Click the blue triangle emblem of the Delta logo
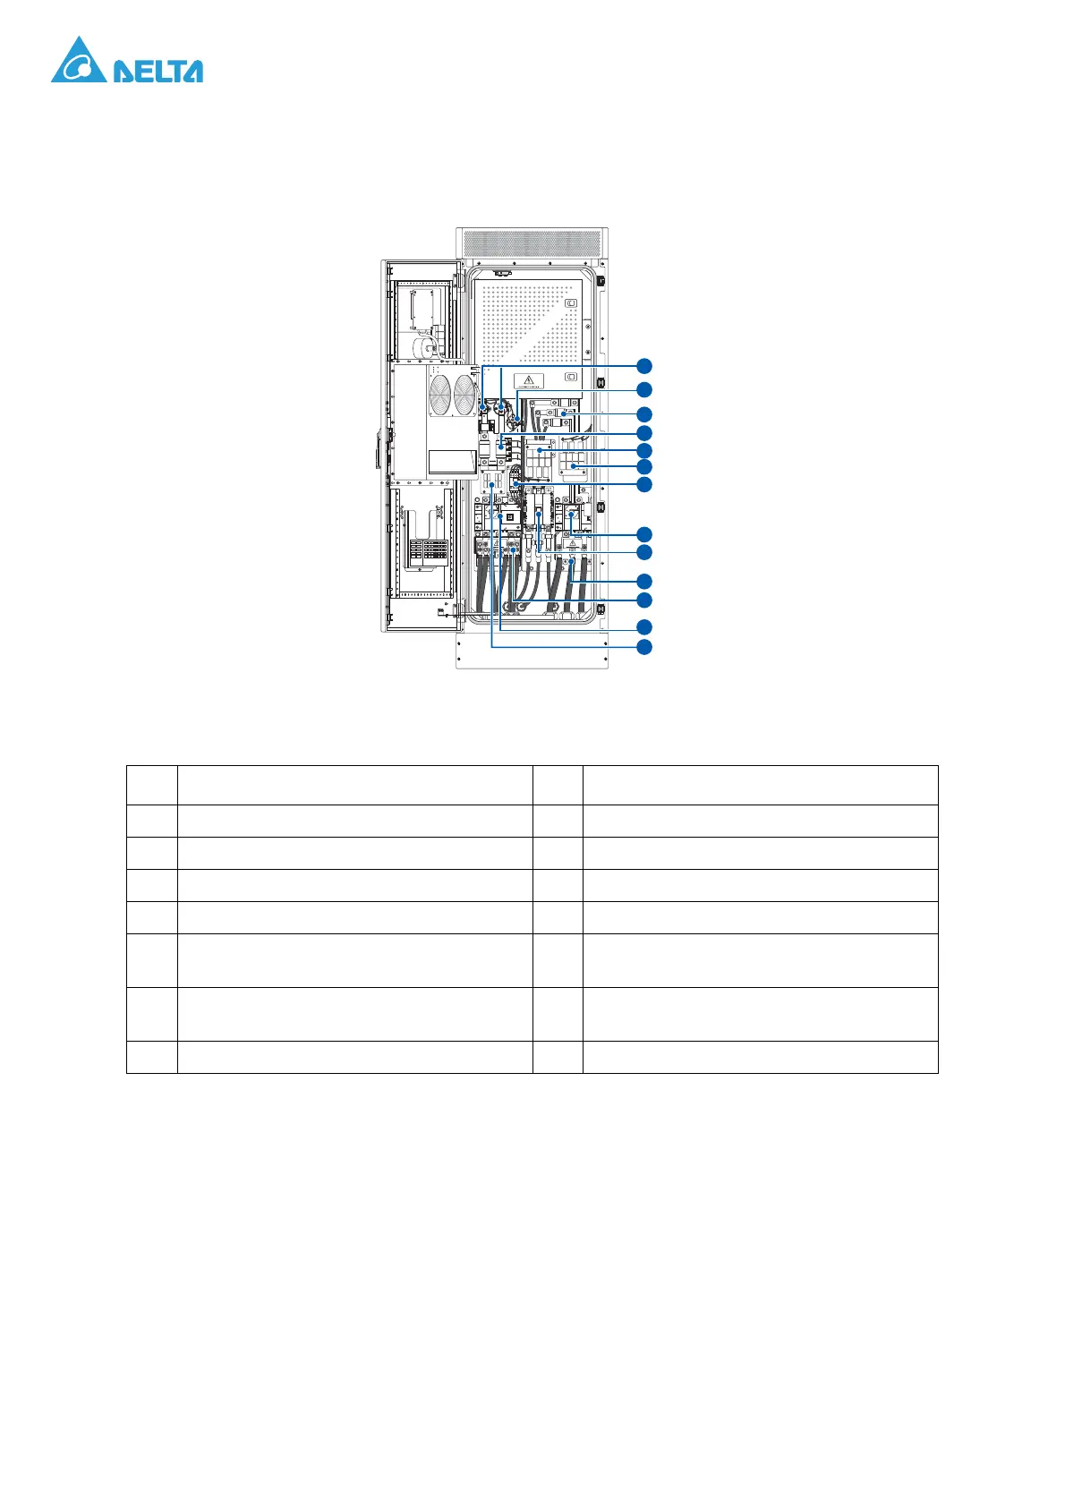[x=79, y=62]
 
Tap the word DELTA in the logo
[x=158, y=72]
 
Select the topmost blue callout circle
[x=644, y=365]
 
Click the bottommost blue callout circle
[x=644, y=646]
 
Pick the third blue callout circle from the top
[x=644, y=414]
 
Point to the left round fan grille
[x=440, y=395]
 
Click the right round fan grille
[x=464, y=395]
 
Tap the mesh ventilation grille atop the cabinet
[x=532, y=242]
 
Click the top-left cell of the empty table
[x=152, y=785]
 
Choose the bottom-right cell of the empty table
[x=760, y=1057]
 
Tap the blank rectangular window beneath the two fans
[x=452, y=462]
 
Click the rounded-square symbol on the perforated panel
[x=571, y=302]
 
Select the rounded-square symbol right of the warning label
[x=571, y=378]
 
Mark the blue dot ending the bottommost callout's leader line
[x=491, y=484]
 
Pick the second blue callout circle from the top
[x=644, y=389]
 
